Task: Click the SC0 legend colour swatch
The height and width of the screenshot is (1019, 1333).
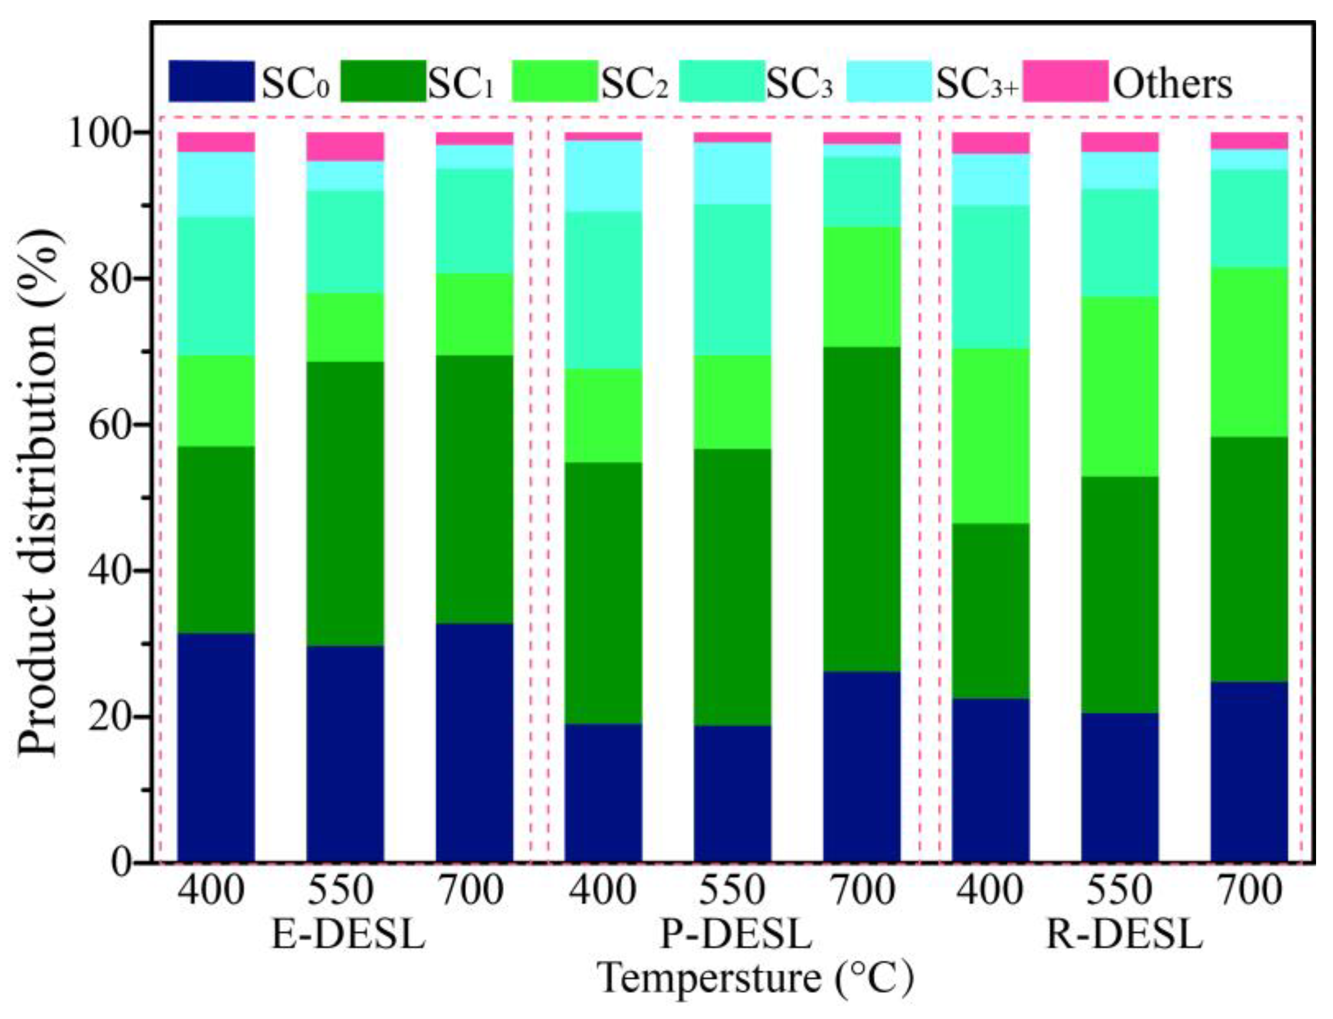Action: [x=211, y=81]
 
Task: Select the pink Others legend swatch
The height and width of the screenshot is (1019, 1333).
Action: [x=1066, y=81]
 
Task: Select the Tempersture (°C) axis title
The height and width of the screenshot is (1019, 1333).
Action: [x=755, y=979]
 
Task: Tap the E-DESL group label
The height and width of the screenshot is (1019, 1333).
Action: [x=348, y=935]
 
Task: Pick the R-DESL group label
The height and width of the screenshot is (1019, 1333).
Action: [x=1124, y=935]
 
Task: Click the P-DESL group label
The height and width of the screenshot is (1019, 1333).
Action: [x=736, y=935]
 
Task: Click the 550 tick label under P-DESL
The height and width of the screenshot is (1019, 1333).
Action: [x=732, y=891]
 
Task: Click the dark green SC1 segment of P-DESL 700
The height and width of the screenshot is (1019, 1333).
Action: [x=862, y=509]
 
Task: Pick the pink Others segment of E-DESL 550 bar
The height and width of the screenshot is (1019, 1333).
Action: [x=345, y=146]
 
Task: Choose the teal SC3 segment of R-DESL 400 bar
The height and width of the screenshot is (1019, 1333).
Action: [x=990, y=277]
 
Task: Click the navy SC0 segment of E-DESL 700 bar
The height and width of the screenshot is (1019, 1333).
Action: [x=474, y=742]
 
